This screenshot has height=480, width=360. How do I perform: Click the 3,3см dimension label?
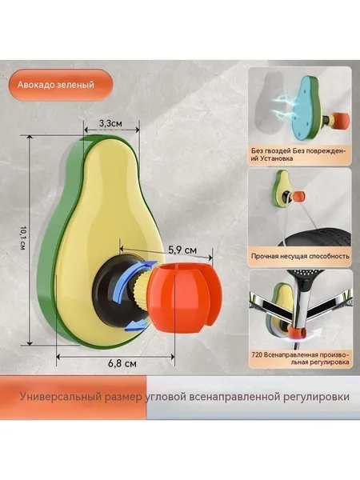[x=110, y=123]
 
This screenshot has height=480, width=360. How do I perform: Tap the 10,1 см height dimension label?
[x=22, y=238]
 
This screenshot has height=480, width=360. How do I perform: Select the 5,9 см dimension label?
[x=182, y=250]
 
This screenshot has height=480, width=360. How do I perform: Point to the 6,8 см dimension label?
[x=122, y=363]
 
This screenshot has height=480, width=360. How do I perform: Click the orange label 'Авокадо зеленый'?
[x=56, y=85]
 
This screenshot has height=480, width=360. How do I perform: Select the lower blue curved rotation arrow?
[x=137, y=325]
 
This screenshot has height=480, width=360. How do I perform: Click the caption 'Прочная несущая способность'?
[x=300, y=256]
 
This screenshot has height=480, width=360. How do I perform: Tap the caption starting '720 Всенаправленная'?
[x=300, y=358]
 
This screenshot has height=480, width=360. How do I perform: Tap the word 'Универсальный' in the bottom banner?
[x=61, y=397]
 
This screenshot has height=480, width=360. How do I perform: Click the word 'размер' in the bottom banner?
[x=123, y=398]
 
